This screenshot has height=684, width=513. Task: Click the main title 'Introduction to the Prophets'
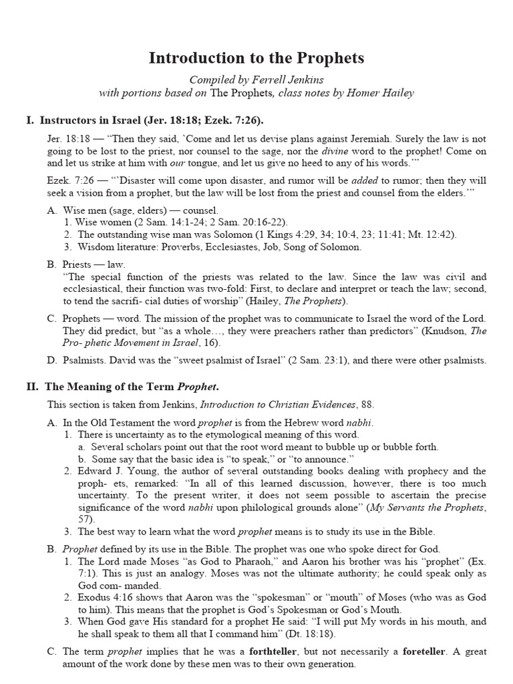point(256,58)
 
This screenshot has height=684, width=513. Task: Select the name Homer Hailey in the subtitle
point(381,93)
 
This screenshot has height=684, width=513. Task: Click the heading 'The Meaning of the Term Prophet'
point(132,386)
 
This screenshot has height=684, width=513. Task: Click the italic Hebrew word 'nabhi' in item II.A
point(359,423)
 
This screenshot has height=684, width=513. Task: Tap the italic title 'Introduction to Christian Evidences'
point(277,405)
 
